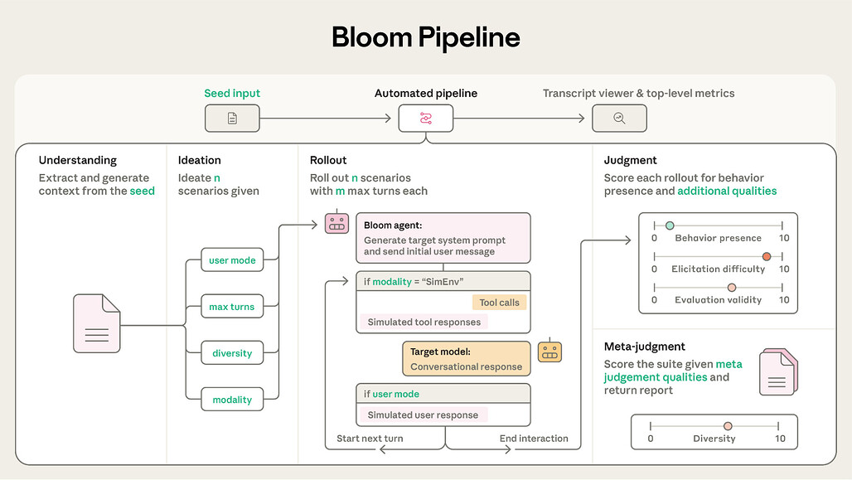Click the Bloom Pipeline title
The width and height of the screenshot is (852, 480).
pyautogui.click(x=425, y=37)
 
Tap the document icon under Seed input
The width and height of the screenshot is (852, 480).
pyautogui.click(x=232, y=119)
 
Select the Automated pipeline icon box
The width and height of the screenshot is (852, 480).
pyautogui.click(x=425, y=119)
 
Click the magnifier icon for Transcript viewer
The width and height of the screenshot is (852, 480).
pyautogui.click(x=619, y=119)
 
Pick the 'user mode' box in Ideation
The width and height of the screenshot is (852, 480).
pyautogui.click(x=232, y=260)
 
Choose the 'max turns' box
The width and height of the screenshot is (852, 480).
pyautogui.click(x=232, y=307)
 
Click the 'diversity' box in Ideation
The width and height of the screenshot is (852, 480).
pyautogui.click(x=232, y=353)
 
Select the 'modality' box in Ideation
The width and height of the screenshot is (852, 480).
pyautogui.click(x=232, y=400)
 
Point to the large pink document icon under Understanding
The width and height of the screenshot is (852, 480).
pyautogui.click(x=97, y=323)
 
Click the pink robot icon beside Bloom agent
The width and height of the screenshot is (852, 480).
pyautogui.click(x=336, y=223)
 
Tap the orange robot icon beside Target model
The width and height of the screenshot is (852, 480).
pyautogui.click(x=549, y=352)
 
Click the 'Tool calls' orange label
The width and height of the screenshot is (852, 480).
pyautogui.click(x=499, y=303)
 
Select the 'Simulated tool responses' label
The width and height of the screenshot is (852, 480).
pyautogui.click(x=424, y=322)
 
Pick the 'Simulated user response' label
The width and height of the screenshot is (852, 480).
pyautogui.click(x=423, y=415)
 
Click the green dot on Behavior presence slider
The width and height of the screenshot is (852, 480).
pyautogui.click(x=670, y=225)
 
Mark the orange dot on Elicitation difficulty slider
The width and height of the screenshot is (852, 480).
pyautogui.click(x=767, y=256)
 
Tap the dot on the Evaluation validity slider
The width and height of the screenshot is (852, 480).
pyautogui.click(x=731, y=287)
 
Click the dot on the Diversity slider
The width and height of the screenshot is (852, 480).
pyautogui.click(x=728, y=425)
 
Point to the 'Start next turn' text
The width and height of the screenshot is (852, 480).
pyautogui.click(x=370, y=439)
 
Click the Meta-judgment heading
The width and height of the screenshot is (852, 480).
pyautogui.click(x=645, y=347)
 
